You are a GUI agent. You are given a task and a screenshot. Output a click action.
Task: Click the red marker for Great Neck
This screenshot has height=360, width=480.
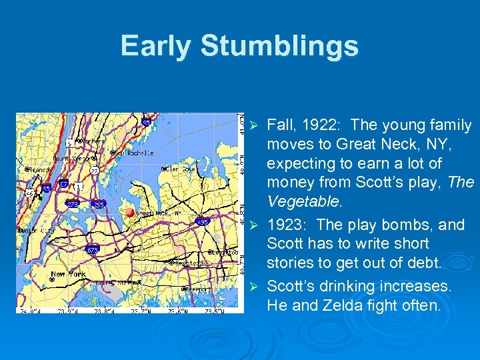tap(130, 212)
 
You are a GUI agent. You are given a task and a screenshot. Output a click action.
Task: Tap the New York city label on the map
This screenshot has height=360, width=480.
tap(67, 274)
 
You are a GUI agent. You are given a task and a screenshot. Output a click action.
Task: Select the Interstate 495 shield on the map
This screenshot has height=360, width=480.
tap(203, 222)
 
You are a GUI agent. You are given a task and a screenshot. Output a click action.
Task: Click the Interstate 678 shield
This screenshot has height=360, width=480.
tap(93, 250)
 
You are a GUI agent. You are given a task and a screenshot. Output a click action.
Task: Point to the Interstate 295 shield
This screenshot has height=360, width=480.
tap(99, 205)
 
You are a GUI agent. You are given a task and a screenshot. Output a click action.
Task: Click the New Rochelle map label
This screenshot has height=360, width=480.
tap(133, 153)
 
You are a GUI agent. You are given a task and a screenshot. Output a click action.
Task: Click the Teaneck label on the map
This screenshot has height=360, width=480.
tap(39, 170)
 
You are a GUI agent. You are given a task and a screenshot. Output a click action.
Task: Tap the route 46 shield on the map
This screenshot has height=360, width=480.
tap(30, 194)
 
